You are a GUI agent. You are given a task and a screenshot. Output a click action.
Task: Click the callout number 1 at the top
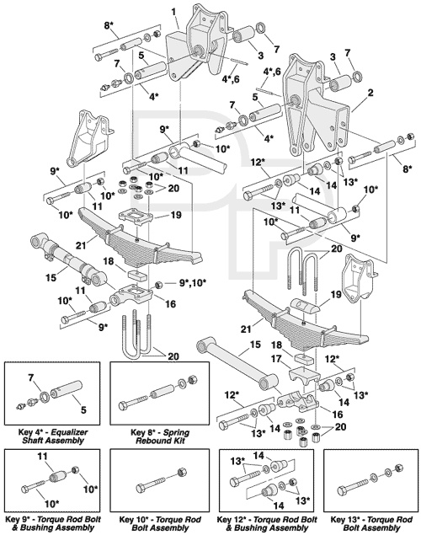[173, 13]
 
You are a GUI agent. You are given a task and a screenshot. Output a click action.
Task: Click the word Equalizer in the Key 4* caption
[72, 433]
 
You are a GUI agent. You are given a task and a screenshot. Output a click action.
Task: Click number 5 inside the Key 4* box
[83, 409]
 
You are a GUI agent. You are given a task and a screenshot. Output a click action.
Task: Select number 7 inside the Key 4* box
[31, 378]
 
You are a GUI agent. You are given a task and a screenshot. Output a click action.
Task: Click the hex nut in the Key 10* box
[181, 473]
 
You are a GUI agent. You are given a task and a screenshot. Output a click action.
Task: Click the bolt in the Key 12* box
[244, 478]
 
